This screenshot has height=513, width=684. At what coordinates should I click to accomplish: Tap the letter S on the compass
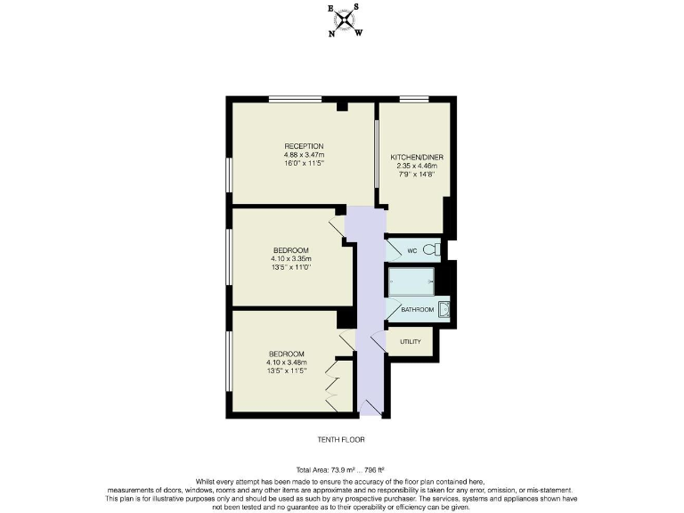click(x=356, y=7)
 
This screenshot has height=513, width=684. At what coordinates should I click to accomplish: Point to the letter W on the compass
click(x=359, y=34)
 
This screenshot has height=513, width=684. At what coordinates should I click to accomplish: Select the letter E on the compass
click(x=331, y=9)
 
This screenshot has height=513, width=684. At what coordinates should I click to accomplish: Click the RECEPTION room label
click(x=304, y=146)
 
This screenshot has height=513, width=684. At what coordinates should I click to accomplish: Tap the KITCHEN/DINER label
click(x=417, y=157)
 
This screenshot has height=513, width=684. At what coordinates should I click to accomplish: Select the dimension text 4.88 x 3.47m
click(x=304, y=156)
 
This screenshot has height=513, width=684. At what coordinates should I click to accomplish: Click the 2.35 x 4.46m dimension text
click(x=417, y=166)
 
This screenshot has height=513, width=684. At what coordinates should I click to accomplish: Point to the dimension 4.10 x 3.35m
click(x=291, y=258)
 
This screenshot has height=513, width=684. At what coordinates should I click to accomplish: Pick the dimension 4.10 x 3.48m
click(x=286, y=362)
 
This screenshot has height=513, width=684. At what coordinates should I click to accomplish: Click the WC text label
click(x=411, y=251)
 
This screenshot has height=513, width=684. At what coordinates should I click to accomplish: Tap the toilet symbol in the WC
click(x=432, y=250)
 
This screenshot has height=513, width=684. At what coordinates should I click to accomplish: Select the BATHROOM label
click(x=417, y=310)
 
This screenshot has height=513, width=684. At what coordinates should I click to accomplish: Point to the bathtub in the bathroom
click(x=411, y=281)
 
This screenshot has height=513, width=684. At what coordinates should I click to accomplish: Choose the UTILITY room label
click(x=410, y=342)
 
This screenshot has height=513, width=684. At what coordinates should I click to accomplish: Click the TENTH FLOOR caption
click(x=341, y=439)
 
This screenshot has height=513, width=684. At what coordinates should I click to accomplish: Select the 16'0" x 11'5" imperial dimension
click(x=304, y=165)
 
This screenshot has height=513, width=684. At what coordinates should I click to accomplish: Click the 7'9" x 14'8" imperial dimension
click(x=417, y=175)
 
